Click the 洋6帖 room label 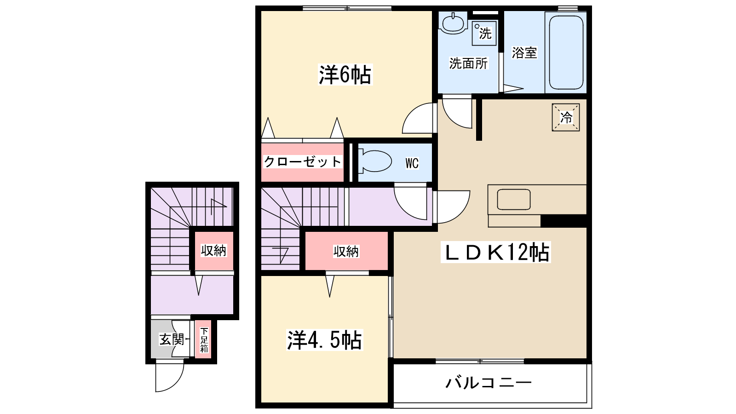[345, 75]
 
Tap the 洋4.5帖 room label [324, 340]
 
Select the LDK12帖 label [496, 252]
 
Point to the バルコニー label [489, 383]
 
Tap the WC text [412, 163]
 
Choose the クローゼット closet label [302, 162]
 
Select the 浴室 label [524, 52]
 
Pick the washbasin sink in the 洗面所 [453, 23]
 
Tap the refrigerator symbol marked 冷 [566, 117]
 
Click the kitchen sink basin [513, 200]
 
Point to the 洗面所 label [468, 63]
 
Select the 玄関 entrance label [171, 339]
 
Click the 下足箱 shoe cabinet [204, 339]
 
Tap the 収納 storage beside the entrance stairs [213, 251]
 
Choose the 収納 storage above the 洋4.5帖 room [346, 251]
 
